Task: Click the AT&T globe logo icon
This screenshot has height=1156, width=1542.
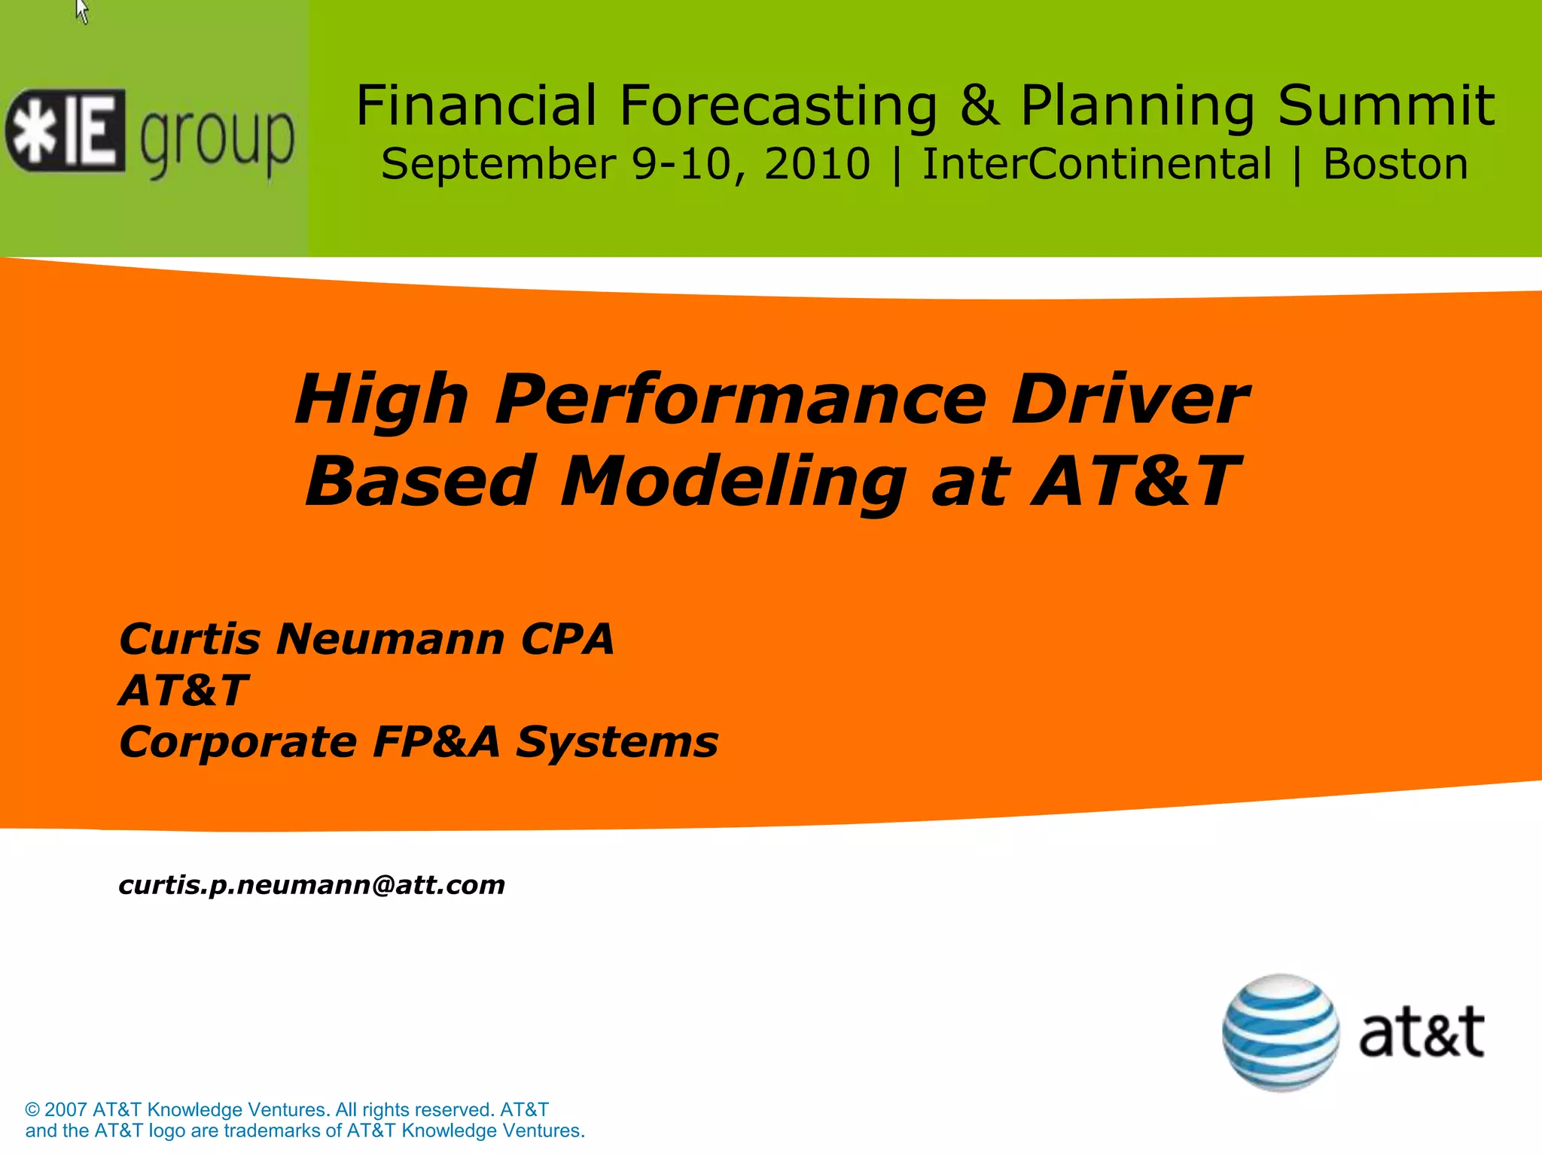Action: pyautogui.click(x=1280, y=1033)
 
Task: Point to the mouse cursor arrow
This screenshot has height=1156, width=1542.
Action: pyautogui.click(x=82, y=11)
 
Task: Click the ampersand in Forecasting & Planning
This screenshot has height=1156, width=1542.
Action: pyautogui.click(x=980, y=105)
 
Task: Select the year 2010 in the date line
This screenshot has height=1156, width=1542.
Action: pyautogui.click(x=817, y=164)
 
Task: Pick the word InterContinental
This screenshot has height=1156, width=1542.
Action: pyautogui.click(x=1096, y=164)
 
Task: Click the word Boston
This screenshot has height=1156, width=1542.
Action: pyautogui.click(x=1395, y=164)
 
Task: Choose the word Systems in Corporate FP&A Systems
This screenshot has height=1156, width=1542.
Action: pyautogui.click(x=617, y=742)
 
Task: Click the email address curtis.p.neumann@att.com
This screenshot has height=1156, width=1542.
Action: pyautogui.click(x=312, y=885)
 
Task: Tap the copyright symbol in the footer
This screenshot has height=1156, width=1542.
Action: pyautogui.click(x=32, y=1110)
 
